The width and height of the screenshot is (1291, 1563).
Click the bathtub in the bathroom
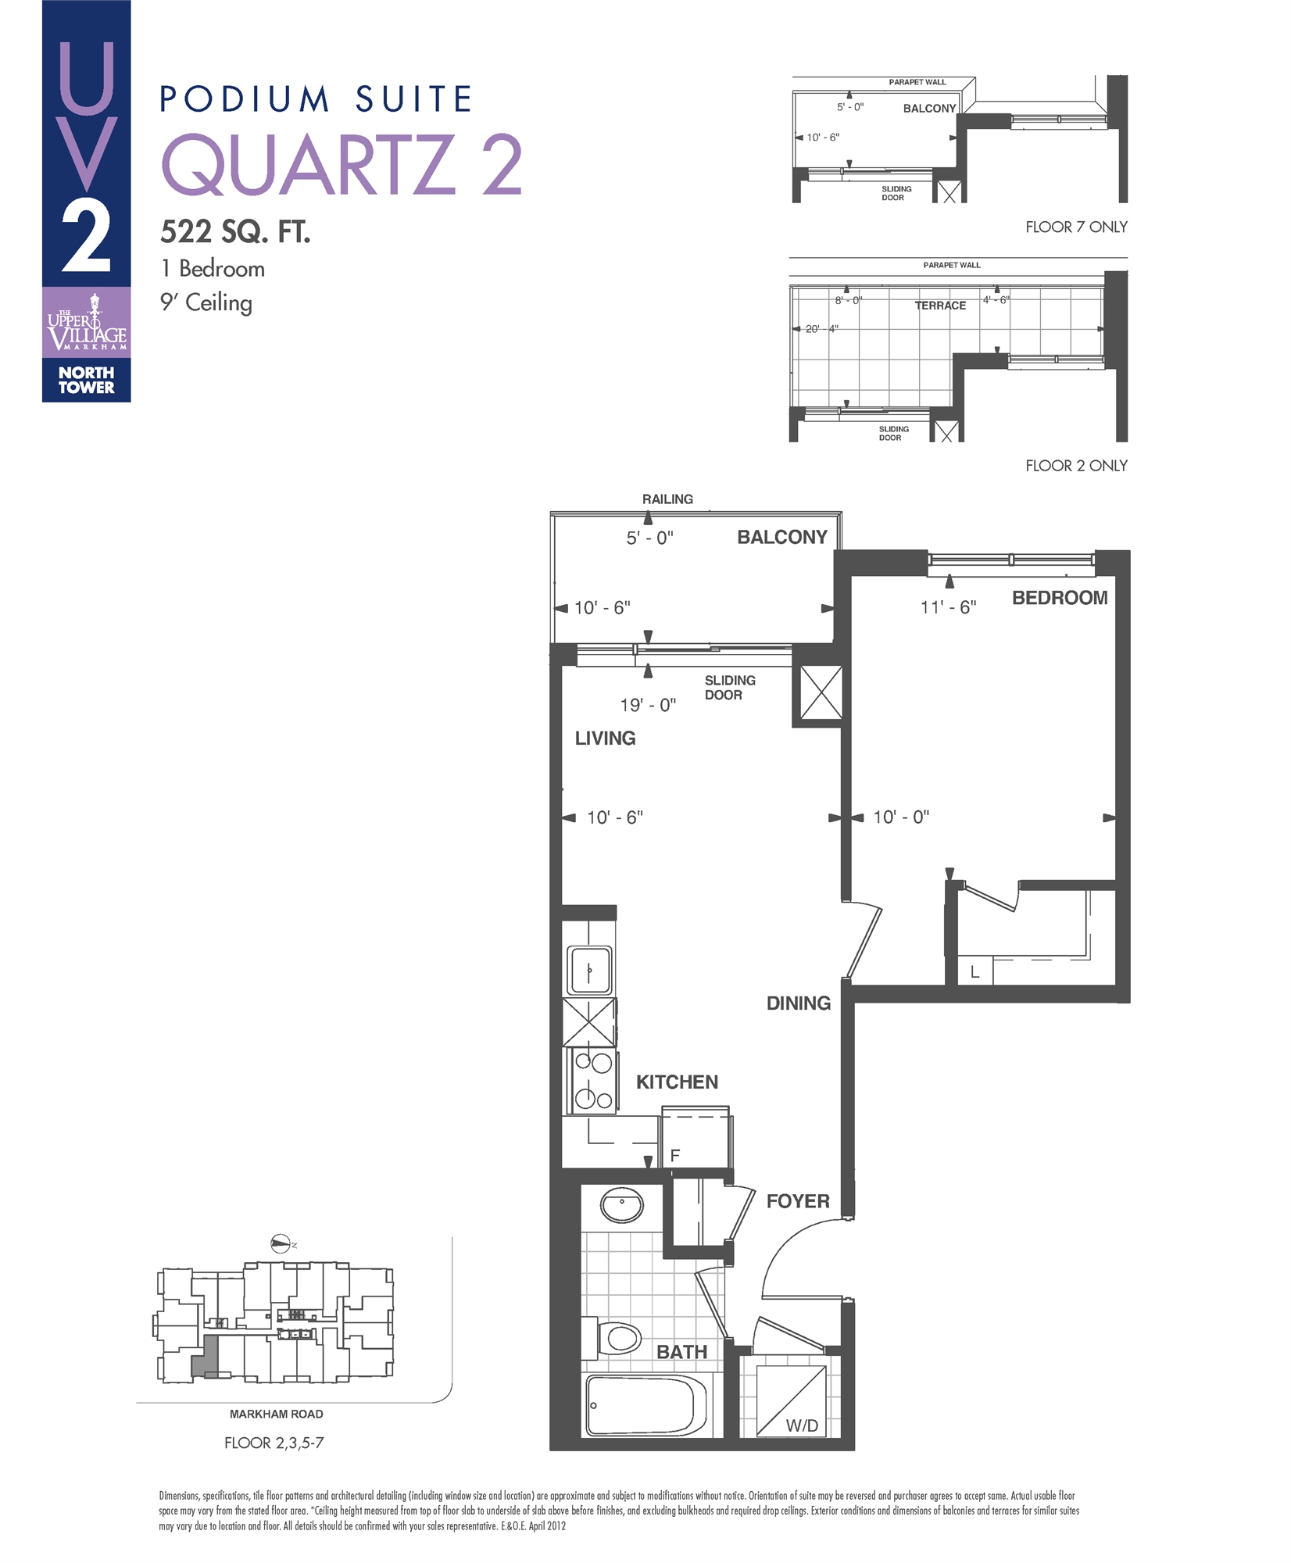(x=645, y=1405)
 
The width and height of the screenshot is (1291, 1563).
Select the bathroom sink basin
(x=622, y=1206)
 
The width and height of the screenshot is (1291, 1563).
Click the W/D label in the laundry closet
(x=802, y=1425)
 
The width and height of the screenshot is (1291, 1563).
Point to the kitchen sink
(x=590, y=970)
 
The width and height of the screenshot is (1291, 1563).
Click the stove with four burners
(x=592, y=1082)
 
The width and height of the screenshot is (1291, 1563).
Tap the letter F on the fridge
(x=675, y=1155)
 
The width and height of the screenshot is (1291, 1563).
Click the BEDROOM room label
(x=1059, y=598)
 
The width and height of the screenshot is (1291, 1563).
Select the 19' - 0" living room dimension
(x=647, y=705)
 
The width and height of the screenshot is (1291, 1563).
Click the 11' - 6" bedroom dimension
(x=948, y=607)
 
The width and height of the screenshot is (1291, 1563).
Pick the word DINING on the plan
(x=798, y=1003)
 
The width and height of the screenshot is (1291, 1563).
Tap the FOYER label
(x=797, y=1201)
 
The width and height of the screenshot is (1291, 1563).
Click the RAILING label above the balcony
(x=667, y=499)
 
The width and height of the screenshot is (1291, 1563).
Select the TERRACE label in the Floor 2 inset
(x=940, y=306)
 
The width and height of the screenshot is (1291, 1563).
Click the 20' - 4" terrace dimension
(x=821, y=329)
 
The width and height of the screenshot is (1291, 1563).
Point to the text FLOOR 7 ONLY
(x=1075, y=227)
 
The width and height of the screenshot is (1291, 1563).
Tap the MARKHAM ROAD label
(x=276, y=1414)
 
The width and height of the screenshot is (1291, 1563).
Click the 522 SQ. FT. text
(x=235, y=231)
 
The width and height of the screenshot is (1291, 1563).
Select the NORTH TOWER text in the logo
(x=86, y=380)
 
